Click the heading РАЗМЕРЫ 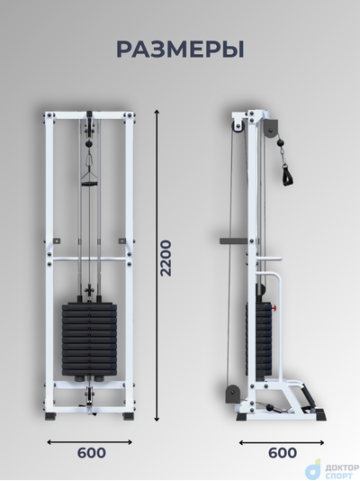pos(180,50)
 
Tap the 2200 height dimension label pos(166,258)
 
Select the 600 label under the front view pos(91,453)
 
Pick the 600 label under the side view pos(283,453)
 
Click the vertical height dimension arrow pos(157,266)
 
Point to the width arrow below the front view pos(89,442)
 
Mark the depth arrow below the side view pos(282,442)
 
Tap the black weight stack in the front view pos(89,340)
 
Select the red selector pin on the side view pos(274,307)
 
